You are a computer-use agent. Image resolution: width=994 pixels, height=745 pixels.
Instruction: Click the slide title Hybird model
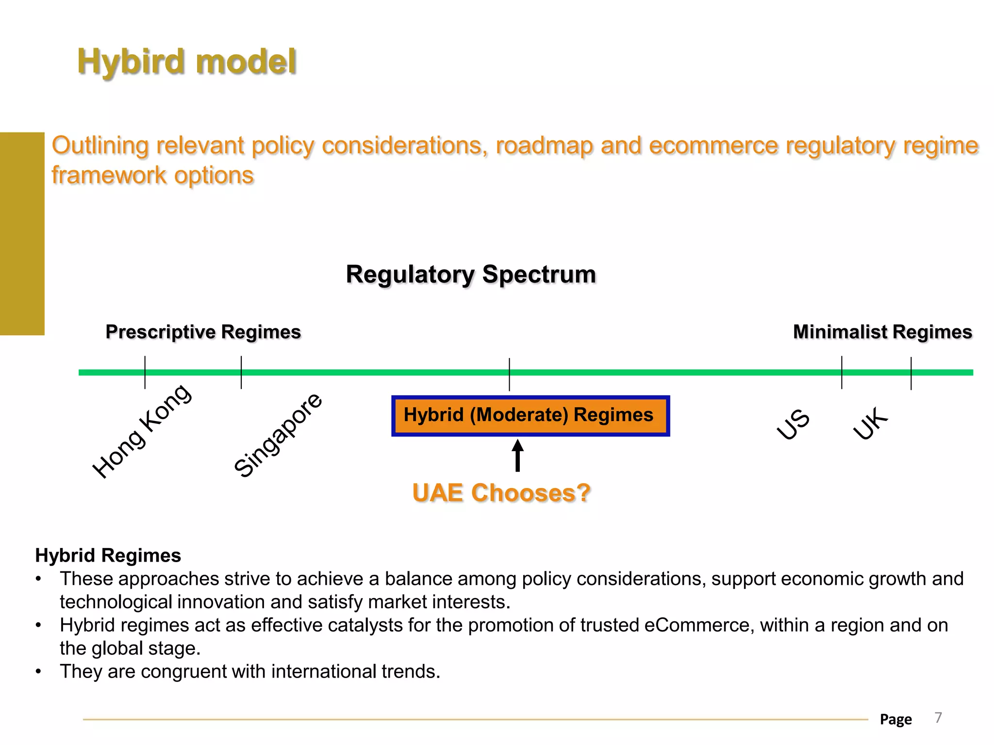click(x=186, y=62)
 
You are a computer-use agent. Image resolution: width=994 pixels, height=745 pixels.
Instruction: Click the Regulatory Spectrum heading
click(x=470, y=275)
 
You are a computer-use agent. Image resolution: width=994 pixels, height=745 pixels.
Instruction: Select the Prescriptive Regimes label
click(x=203, y=332)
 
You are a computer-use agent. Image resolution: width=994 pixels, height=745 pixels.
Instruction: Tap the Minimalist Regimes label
click(x=882, y=332)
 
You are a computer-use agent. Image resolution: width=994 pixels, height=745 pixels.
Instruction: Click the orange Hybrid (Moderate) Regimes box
click(x=530, y=416)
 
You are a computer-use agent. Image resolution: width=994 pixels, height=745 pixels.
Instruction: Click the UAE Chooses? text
click(x=501, y=493)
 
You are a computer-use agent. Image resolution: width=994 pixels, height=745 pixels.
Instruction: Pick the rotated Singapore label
click(x=278, y=435)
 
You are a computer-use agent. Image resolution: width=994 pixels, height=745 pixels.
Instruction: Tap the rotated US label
click(x=793, y=424)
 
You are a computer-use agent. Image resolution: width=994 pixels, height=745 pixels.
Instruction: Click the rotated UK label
click(x=871, y=423)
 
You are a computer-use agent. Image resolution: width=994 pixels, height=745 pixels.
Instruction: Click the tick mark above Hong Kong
click(x=145, y=372)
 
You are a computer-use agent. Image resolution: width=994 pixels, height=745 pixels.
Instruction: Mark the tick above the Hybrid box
click(x=509, y=374)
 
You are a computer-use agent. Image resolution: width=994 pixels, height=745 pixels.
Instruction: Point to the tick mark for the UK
click(x=911, y=373)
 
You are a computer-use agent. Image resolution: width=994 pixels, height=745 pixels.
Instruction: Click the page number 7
click(x=938, y=717)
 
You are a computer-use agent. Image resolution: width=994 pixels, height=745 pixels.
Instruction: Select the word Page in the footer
click(x=895, y=719)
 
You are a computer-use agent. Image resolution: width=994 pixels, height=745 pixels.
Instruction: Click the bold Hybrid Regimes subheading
click(x=108, y=555)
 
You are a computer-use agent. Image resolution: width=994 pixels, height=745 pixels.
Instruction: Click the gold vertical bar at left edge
click(x=22, y=233)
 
